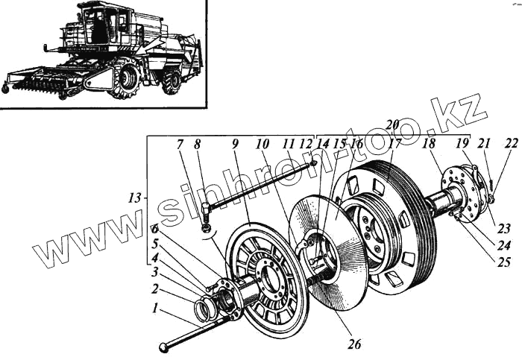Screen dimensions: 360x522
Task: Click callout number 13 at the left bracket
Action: click(134, 198)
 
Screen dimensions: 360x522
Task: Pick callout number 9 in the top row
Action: click(234, 143)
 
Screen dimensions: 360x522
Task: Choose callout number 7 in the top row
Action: click(179, 143)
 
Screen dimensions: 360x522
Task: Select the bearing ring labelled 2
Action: click(204, 308)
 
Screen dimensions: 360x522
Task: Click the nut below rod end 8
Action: click(206, 227)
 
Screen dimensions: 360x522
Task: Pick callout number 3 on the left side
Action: click(155, 273)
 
